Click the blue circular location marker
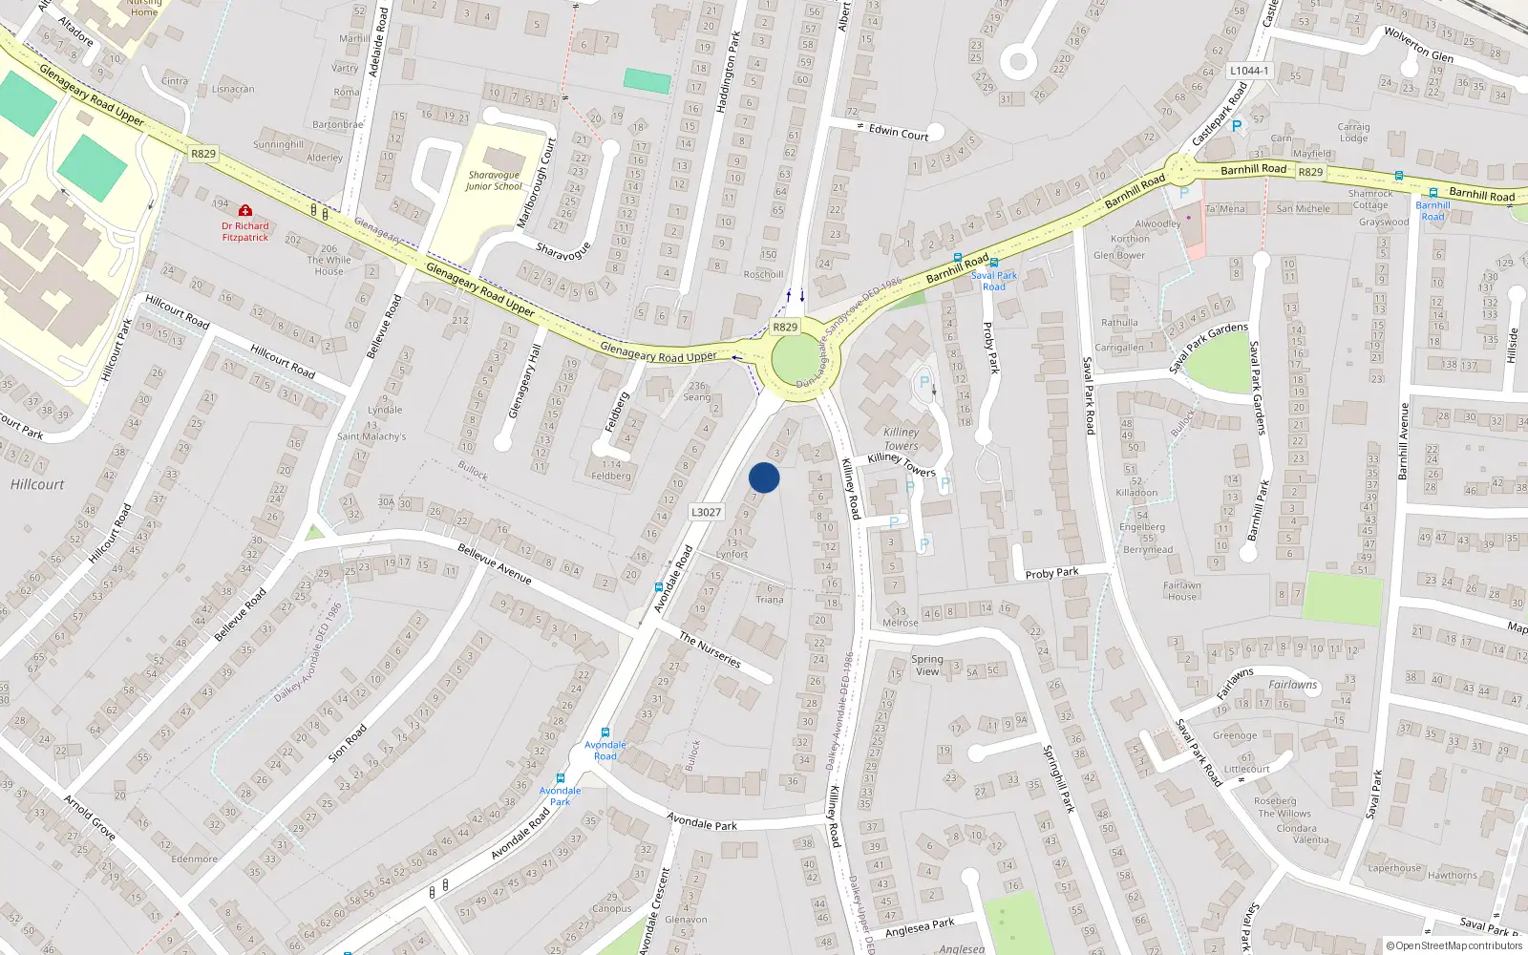click(764, 477)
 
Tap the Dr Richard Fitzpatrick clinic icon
click(245, 210)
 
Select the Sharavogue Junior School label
click(494, 180)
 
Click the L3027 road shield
click(706, 512)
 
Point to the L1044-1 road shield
click(1249, 71)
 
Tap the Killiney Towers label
click(901, 438)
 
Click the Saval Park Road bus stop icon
click(994, 263)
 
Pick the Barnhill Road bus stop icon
click(1432, 193)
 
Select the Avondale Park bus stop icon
click(561, 778)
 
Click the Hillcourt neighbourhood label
click(37, 484)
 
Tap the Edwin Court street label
click(898, 133)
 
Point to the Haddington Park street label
click(728, 72)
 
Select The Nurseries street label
click(710, 649)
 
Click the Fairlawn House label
click(1181, 591)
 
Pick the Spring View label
click(926, 665)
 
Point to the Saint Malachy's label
click(371, 436)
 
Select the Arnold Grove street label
click(90, 817)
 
